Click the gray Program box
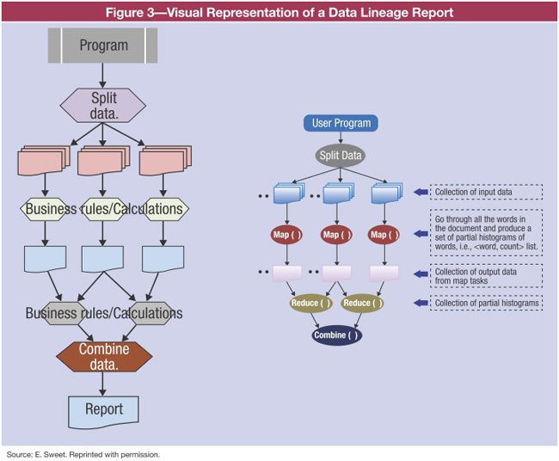point(103,46)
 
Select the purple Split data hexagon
point(103,106)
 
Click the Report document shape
point(103,410)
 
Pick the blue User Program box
point(341,123)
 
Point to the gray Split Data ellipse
point(341,157)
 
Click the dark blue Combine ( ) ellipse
point(336,335)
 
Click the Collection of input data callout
point(485,192)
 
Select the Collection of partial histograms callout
point(485,303)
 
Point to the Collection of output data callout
point(485,275)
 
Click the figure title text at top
point(279,11)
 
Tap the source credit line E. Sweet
point(83,453)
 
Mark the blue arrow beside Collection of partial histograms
point(421,303)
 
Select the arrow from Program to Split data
point(103,75)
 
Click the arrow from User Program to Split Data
point(341,139)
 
